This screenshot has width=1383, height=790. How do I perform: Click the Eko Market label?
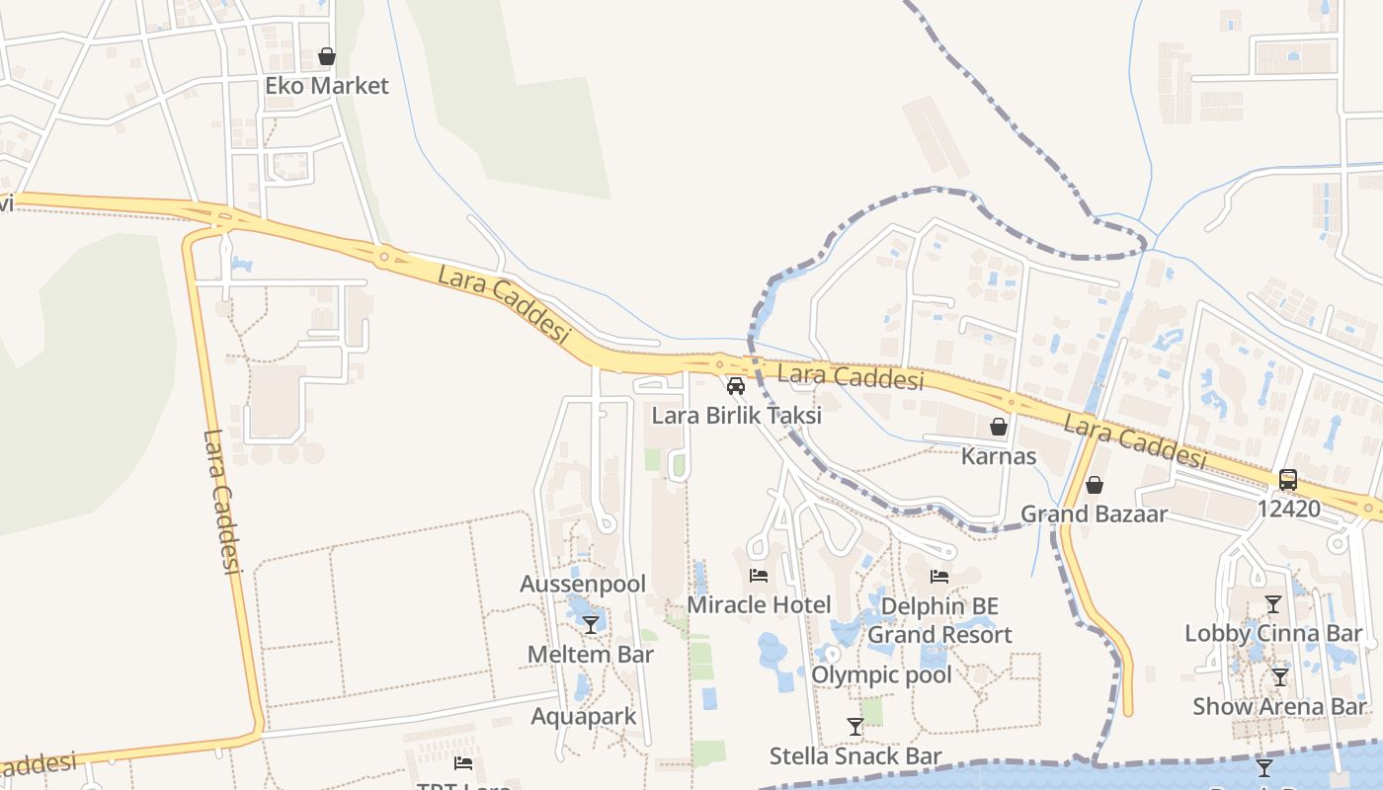tap(326, 86)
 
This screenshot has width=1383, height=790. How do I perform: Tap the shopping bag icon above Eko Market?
tap(327, 57)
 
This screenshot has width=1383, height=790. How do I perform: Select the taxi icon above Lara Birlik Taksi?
tap(735, 386)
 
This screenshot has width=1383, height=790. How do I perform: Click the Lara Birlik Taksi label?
tap(736, 415)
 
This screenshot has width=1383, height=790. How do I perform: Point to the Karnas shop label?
tap(999, 456)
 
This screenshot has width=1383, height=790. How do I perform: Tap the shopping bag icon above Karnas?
tap(999, 427)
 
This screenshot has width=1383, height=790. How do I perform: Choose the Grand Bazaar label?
tap(1094, 513)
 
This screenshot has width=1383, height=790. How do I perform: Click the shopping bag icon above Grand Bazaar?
tap(1094, 485)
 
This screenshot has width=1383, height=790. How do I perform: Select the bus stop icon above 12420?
tap(1288, 480)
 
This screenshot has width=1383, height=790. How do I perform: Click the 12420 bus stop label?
tap(1288, 509)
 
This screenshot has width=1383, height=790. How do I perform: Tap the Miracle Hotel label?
tap(759, 604)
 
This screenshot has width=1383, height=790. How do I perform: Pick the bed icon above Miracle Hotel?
tap(759, 576)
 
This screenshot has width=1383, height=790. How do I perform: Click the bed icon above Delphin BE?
tap(939, 577)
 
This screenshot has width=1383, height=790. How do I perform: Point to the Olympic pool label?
tap(881, 674)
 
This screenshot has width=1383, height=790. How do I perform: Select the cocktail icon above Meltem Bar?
tap(591, 625)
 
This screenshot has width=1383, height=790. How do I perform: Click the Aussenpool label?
tap(583, 585)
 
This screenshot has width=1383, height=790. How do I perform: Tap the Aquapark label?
tap(584, 716)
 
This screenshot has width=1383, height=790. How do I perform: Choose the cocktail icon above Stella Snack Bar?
tap(855, 727)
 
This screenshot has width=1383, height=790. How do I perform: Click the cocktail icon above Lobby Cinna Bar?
tap(1272, 604)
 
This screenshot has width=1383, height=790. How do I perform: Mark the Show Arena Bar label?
tap(1279, 706)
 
